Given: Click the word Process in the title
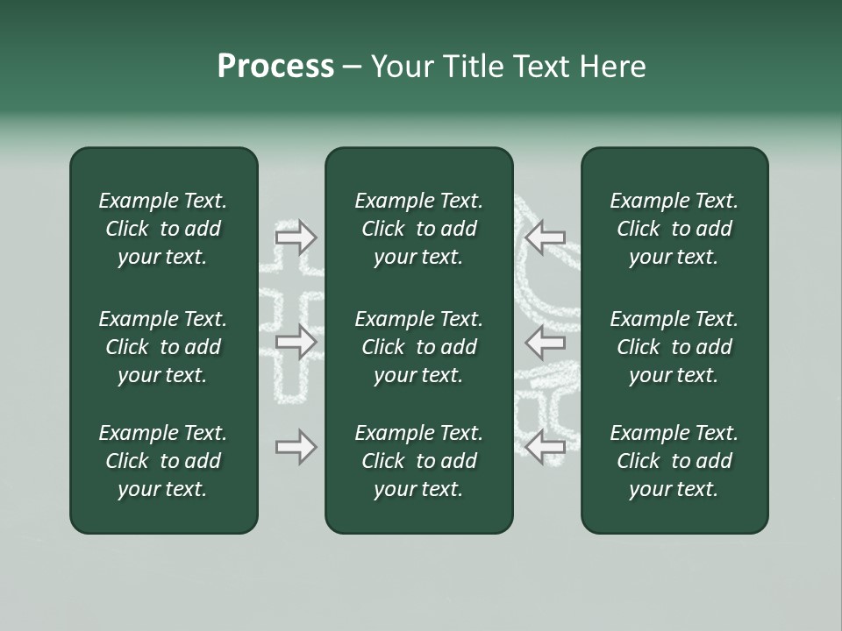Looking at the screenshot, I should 275,67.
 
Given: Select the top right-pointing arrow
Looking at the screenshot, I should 296,237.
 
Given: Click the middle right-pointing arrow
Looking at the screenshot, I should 296,342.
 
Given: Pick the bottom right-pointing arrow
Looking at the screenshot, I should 296,447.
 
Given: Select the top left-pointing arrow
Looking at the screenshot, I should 546,237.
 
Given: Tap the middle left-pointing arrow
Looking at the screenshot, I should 546,342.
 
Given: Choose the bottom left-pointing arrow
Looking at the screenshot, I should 546,447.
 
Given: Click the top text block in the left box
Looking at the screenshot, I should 163,229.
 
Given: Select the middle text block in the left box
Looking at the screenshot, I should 163,347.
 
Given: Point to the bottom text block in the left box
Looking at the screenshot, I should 163,461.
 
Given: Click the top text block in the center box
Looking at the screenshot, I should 418,229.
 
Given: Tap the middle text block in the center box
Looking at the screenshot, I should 418,347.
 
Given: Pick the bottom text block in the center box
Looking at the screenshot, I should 418,461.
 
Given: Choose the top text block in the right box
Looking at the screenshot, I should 674,229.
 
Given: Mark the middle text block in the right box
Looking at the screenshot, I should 674,347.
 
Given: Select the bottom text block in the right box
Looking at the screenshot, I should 674,461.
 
